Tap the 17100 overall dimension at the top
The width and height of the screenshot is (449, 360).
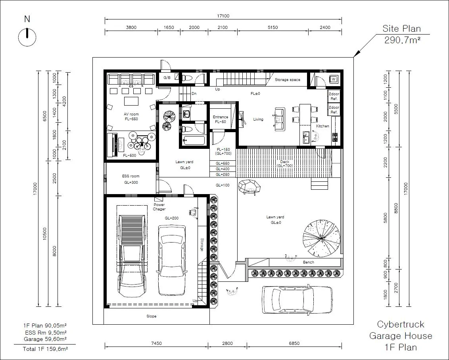(223, 16)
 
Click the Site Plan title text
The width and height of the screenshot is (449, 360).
(401, 29)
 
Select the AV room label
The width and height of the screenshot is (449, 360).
(131, 114)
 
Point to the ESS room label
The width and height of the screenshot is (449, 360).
(131, 176)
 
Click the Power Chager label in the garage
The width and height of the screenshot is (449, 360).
(159, 207)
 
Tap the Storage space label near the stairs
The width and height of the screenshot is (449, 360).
(288, 80)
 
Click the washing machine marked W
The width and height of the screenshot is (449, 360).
(333, 79)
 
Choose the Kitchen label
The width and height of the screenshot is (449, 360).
(322, 126)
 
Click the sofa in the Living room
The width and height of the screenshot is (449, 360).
(280, 119)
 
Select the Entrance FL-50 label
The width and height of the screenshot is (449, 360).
(220, 119)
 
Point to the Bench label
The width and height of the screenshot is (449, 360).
(309, 262)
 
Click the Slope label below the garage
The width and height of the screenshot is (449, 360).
(152, 316)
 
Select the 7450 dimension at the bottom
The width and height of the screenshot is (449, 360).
(156, 343)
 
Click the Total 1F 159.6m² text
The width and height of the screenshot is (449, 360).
(45, 349)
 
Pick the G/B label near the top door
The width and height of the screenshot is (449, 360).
(167, 78)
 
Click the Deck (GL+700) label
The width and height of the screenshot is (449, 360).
(285, 164)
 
